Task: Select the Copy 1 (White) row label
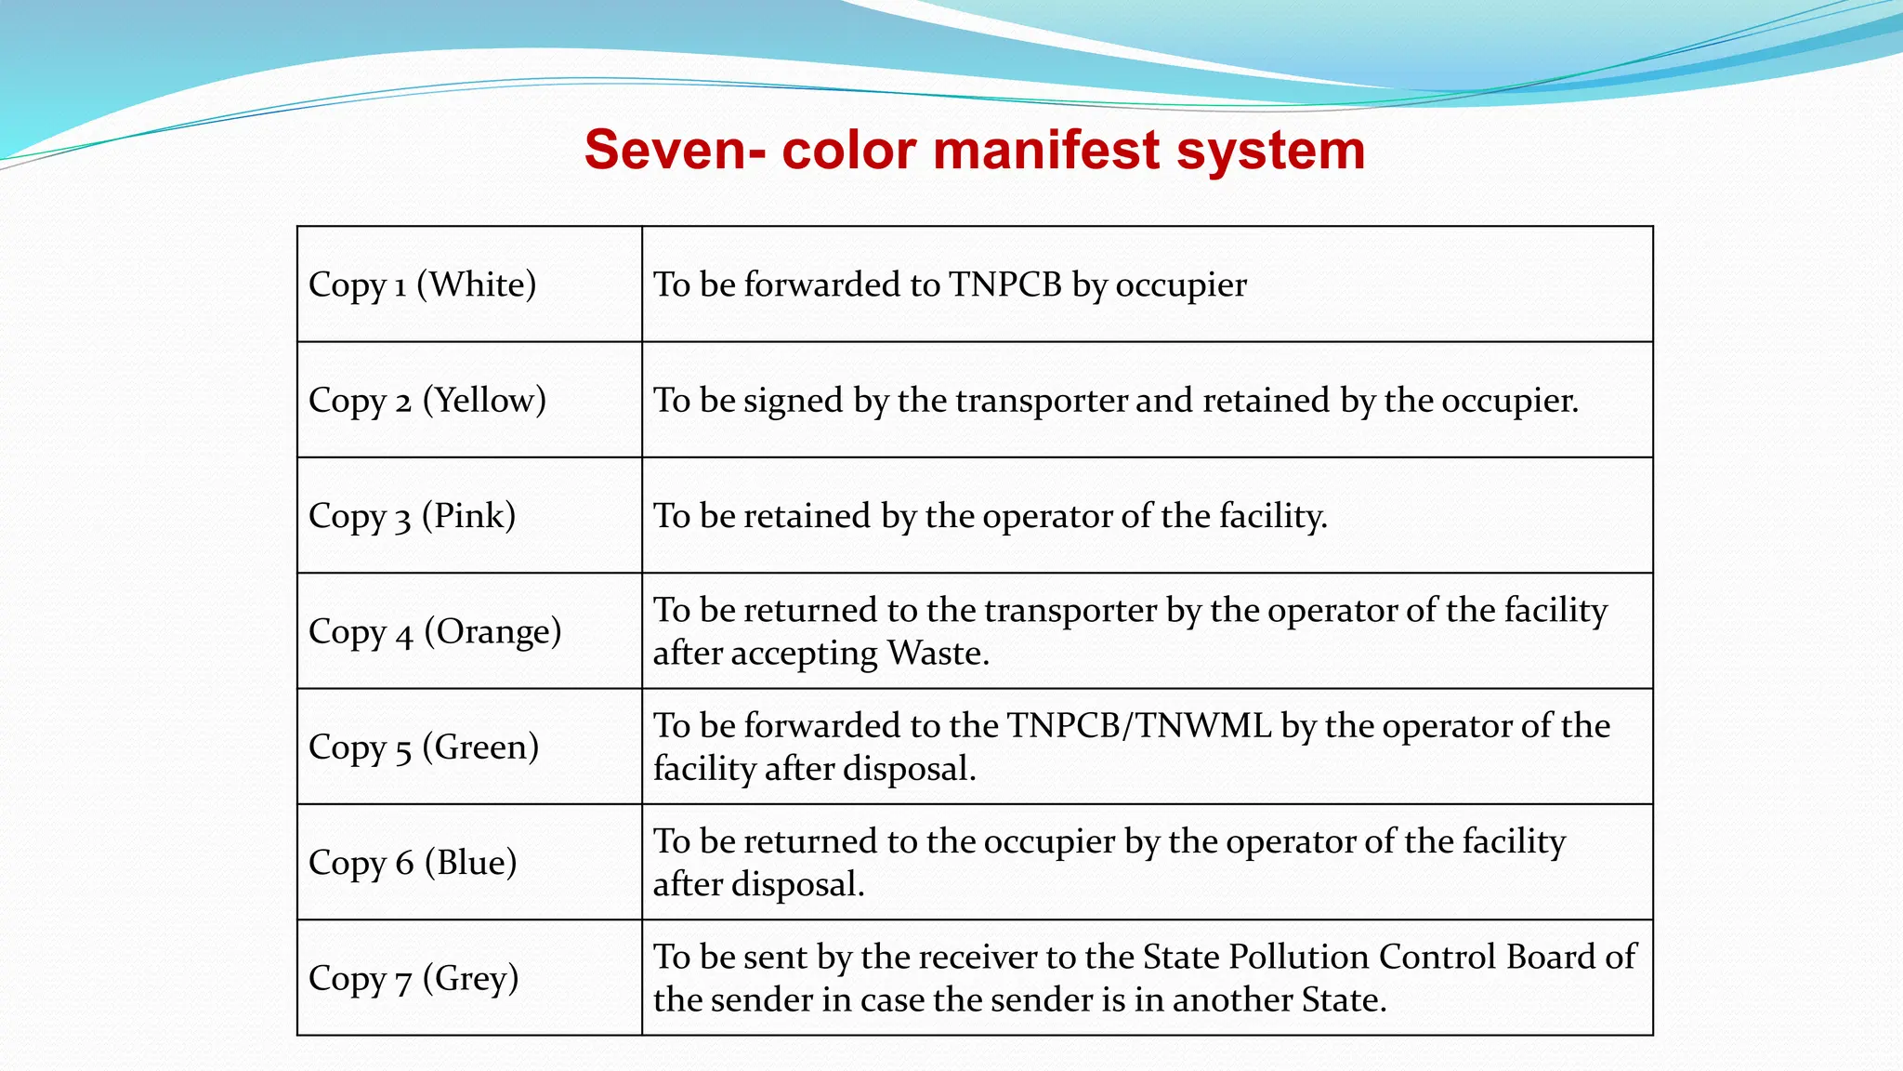423,284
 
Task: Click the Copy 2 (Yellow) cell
427,401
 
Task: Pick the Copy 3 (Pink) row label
412,516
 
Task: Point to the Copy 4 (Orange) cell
435,632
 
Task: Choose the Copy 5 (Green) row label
424,747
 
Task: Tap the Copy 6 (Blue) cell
413,863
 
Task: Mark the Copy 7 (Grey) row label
413,979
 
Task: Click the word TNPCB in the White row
1004,284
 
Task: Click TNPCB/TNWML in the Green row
1139,726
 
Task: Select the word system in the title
1270,150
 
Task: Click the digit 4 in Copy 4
404,635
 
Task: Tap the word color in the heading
848,150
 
